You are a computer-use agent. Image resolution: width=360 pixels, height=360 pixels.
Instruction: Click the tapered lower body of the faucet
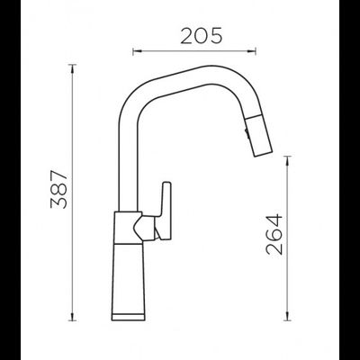click(x=129, y=270)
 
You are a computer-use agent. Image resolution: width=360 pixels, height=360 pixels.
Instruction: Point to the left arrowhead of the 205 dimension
click(x=134, y=49)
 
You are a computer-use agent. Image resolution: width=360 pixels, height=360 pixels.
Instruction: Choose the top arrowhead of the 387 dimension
click(x=72, y=65)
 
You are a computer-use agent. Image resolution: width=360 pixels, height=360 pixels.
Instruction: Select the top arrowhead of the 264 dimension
click(x=289, y=157)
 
